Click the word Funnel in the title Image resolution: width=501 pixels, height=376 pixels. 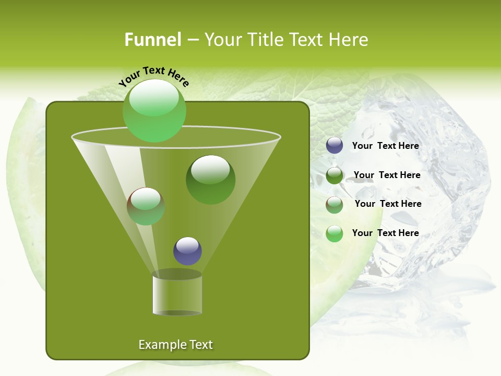(152, 40)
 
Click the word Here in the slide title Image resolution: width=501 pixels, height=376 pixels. (351, 40)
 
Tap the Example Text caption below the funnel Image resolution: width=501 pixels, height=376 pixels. (175, 345)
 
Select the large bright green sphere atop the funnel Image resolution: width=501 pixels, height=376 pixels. (154, 110)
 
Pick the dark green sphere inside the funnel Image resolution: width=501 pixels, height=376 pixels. (210, 179)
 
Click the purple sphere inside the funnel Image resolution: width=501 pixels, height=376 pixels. (187, 251)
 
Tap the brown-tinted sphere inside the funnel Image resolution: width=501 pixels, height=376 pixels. (146, 206)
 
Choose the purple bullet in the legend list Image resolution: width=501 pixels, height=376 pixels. (335, 146)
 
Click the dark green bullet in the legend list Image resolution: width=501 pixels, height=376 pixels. (335, 175)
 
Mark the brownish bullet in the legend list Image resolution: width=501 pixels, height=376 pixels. (335, 205)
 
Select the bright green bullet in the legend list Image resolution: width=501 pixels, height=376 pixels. (335, 233)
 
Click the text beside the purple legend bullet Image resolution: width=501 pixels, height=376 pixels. (385, 146)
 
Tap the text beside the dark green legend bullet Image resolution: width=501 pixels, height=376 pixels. (387, 175)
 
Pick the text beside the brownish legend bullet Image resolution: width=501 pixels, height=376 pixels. (388, 204)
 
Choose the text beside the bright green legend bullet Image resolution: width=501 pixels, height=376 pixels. (385, 233)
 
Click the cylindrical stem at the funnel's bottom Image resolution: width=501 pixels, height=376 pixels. (177, 294)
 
